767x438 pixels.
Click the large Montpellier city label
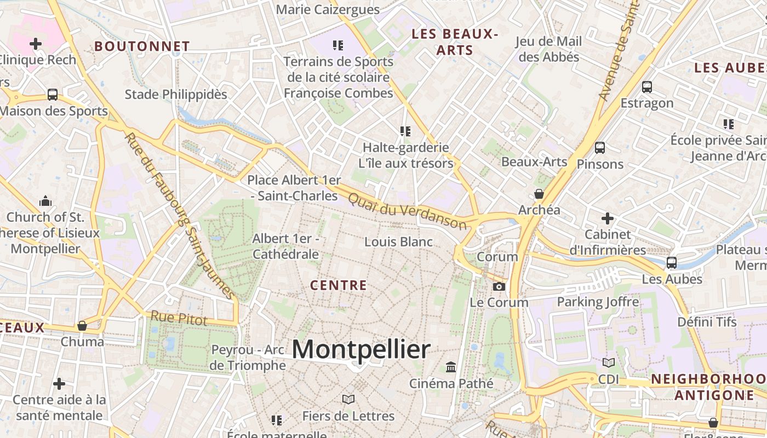[x=361, y=349]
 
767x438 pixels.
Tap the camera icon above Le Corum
[x=499, y=286]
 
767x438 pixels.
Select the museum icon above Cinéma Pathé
[x=451, y=367]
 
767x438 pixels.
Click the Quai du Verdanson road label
[x=408, y=210]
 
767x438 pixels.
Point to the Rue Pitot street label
[x=179, y=318]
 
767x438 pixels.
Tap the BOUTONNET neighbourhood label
[x=142, y=47]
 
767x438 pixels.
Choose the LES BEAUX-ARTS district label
[x=455, y=42]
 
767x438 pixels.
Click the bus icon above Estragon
[x=647, y=87]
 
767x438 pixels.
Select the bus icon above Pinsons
[x=600, y=148]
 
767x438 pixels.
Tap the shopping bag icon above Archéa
[x=539, y=194]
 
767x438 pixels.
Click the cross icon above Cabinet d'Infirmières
[x=607, y=218]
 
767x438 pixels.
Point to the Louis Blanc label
[x=398, y=241]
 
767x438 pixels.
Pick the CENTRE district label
[x=338, y=285]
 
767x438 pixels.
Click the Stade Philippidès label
[x=176, y=94]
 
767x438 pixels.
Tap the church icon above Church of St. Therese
[x=45, y=201]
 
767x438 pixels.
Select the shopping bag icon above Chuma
[x=82, y=326]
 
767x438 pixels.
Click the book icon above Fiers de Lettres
[x=348, y=399]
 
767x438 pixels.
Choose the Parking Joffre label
[x=598, y=302]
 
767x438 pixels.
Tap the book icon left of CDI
[x=608, y=362]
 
